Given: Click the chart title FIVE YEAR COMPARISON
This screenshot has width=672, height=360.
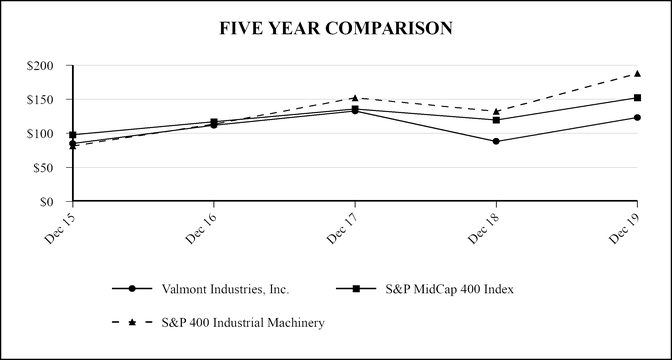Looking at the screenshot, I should click(x=336, y=28).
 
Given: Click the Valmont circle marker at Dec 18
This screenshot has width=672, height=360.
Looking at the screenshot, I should click(x=496, y=141).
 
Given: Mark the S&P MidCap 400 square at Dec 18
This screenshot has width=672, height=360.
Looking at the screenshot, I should click(x=496, y=120).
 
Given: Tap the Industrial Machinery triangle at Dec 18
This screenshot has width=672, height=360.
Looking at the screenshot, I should click(x=496, y=111).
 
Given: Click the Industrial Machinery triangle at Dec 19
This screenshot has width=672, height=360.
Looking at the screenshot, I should click(x=637, y=73).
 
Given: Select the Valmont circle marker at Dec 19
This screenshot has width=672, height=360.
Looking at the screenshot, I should click(x=637, y=117).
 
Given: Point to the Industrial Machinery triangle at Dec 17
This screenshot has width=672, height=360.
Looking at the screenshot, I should click(x=355, y=98).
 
